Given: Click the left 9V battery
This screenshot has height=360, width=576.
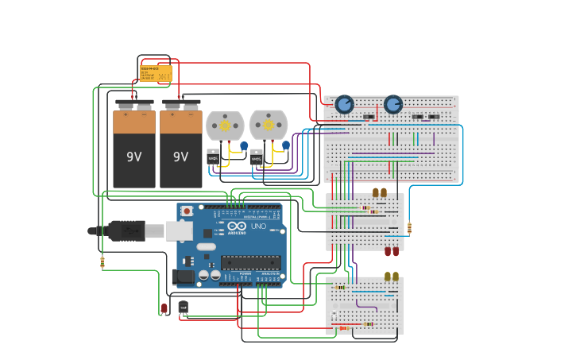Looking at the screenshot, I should pyautogui.click(x=133, y=147).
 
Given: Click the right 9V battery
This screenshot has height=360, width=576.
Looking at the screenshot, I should pyautogui.click(x=181, y=147).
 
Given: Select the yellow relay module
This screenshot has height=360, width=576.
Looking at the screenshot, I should pyautogui.click(x=156, y=74).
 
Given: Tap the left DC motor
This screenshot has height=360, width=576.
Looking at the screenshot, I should pyautogui.click(x=224, y=126).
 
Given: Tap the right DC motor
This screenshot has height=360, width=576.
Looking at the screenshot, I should pyautogui.click(x=268, y=125).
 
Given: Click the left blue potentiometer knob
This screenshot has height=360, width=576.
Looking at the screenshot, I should pyautogui.click(x=344, y=104).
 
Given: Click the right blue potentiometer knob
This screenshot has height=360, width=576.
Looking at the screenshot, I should pyautogui.click(x=393, y=104).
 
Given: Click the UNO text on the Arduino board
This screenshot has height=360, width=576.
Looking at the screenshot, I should pyautogui.click(x=258, y=226).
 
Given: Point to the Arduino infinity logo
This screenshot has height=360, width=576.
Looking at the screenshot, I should pyautogui.click(x=236, y=226).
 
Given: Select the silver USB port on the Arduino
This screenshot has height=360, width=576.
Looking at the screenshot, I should pyautogui.click(x=180, y=230).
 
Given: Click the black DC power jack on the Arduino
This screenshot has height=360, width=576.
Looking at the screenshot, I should pyautogui.click(x=182, y=277).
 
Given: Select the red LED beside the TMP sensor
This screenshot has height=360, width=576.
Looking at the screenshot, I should pyautogui.click(x=164, y=308).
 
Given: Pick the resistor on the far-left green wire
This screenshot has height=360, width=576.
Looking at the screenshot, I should pyautogui.click(x=102, y=262).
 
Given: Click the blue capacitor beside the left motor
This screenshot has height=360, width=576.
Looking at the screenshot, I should pyautogui.click(x=244, y=146).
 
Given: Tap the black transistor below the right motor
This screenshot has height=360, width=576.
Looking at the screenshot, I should pyautogui.click(x=257, y=157).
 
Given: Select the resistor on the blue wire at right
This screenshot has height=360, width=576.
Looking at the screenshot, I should pyautogui.click(x=409, y=229).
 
